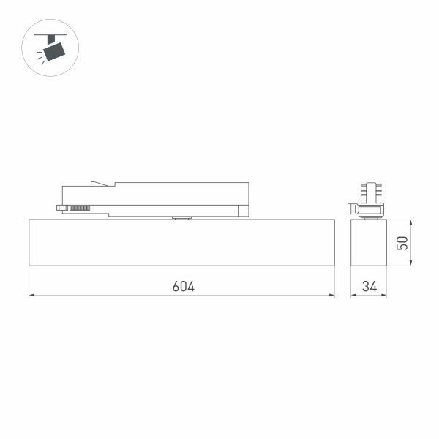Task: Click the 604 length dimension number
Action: (x=184, y=286)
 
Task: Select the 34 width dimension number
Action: (x=369, y=286)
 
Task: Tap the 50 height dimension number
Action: (x=402, y=243)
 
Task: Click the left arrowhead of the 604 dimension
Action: (x=31, y=296)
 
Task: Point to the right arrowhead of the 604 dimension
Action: (x=331, y=296)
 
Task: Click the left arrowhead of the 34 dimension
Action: (x=353, y=296)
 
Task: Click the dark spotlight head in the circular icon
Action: (x=53, y=50)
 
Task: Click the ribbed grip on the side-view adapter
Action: (x=79, y=209)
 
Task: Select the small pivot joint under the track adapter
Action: (x=179, y=217)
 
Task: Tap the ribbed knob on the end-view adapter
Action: (x=353, y=209)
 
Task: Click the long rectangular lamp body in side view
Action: (x=181, y=242)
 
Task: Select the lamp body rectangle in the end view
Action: (x=368, y=242)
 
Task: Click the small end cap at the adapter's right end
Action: (x=244, y=210)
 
